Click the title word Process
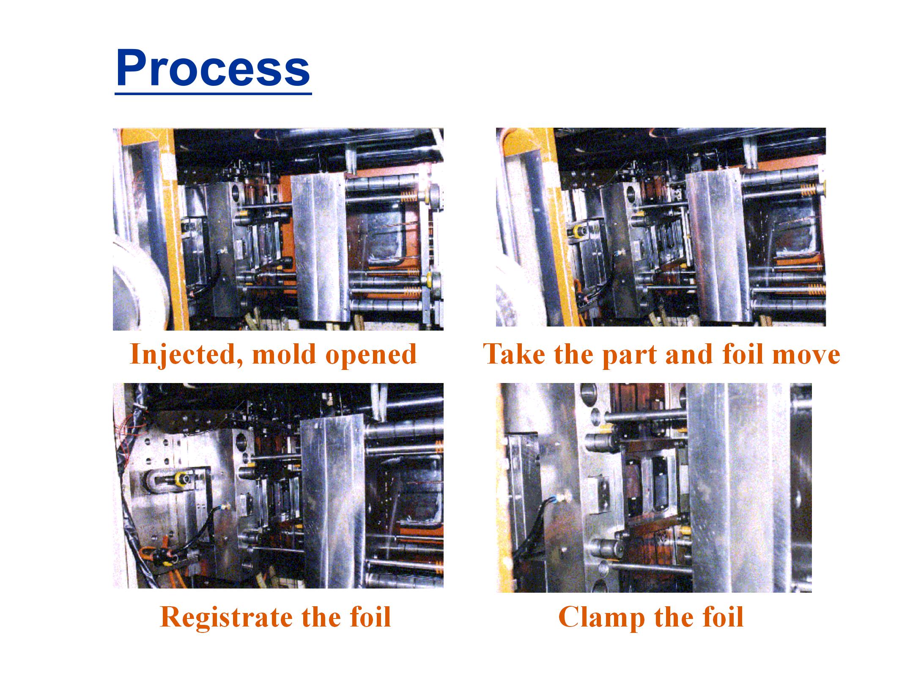pos(213,68)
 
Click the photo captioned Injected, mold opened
pos(278,229)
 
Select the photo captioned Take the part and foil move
pos(661,227)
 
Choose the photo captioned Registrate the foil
pos(278,485)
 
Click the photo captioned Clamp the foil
pos(654,487)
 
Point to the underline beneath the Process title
pos(213,92)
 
